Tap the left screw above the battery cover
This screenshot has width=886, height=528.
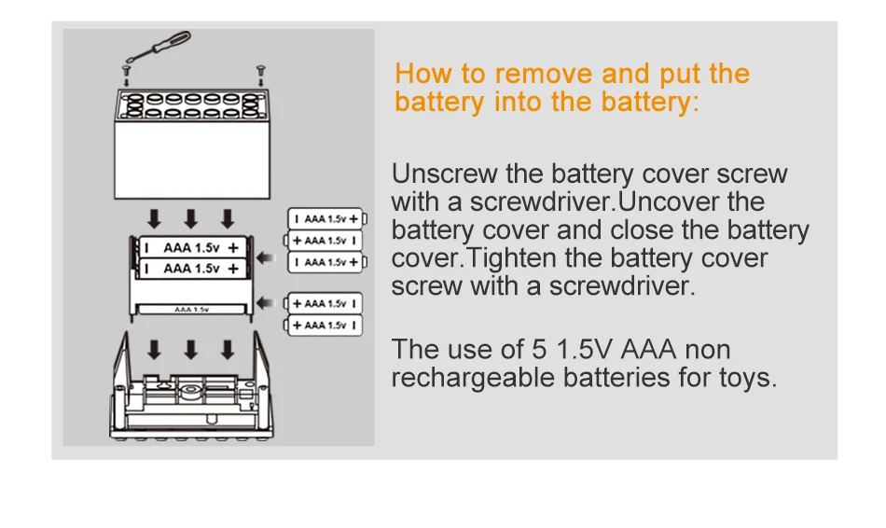tap(127, 69)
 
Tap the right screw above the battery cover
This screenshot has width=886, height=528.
tap(260, 69)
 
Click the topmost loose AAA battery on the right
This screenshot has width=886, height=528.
tap(325, 218)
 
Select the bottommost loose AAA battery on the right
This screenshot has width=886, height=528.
tap(325, 326)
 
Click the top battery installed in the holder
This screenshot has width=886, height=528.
tap(190, 248)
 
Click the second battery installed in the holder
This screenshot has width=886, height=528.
tap(190, 269)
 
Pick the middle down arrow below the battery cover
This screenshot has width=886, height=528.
tap(191, 218)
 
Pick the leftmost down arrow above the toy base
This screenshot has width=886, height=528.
tap(155, 350)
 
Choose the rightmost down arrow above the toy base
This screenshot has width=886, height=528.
tap(227, 350)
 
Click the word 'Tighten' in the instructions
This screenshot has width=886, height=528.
tap(513, 257)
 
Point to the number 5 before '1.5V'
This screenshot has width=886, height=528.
tap(538, 350)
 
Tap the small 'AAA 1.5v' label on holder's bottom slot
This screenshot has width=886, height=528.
tap(190, 308)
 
